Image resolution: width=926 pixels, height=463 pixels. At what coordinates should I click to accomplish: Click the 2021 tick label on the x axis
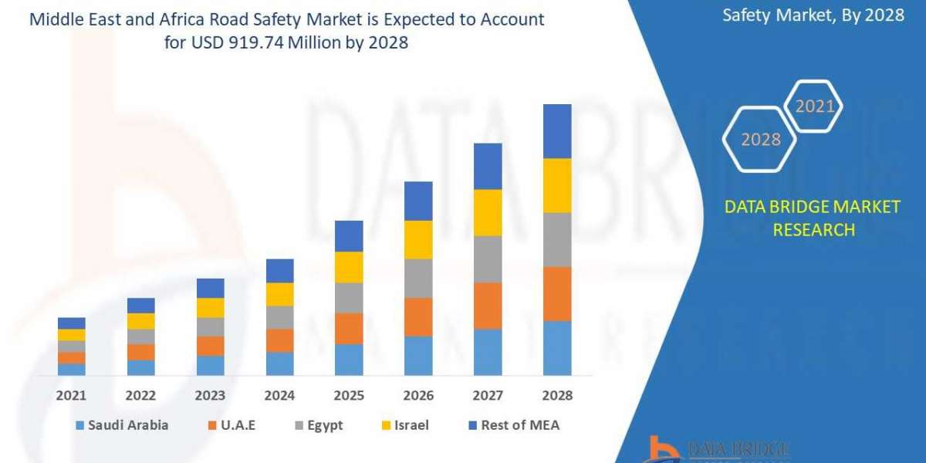click(x=72, y=396)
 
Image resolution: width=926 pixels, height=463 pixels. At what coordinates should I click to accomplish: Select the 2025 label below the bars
click(x=349, y=396)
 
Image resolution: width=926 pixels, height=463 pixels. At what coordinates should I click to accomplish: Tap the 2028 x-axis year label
click(x=557, y=396)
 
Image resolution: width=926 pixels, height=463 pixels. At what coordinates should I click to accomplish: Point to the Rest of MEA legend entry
click(x=513, y=425)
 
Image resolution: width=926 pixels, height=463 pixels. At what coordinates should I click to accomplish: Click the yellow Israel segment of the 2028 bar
click(x=557, y=185)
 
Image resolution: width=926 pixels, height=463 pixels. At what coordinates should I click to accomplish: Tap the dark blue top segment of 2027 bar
click(x=488, y=166)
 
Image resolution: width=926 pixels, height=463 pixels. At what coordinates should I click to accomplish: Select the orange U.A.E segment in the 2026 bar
click(x=418, y=316)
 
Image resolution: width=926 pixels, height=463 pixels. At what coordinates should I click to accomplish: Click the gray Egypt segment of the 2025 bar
click(x=349, y=297)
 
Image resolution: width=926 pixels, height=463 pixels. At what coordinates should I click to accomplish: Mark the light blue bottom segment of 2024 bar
click(x=280, y=363)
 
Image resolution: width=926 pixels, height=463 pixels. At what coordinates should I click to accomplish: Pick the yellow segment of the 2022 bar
click(x=141, y=321)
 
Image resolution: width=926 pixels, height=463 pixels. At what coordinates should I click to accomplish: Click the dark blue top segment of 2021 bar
click(x=72, y=323)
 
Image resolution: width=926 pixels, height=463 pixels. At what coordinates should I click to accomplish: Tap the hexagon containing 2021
click(x=813, y=106)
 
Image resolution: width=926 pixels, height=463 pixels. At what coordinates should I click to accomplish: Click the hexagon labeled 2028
click(x=759, y=140)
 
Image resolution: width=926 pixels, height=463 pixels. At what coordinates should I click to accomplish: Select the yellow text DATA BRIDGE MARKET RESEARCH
click(x=813, y=218)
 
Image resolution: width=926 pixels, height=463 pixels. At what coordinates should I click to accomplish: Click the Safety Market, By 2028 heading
click(x=813, y=15)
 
